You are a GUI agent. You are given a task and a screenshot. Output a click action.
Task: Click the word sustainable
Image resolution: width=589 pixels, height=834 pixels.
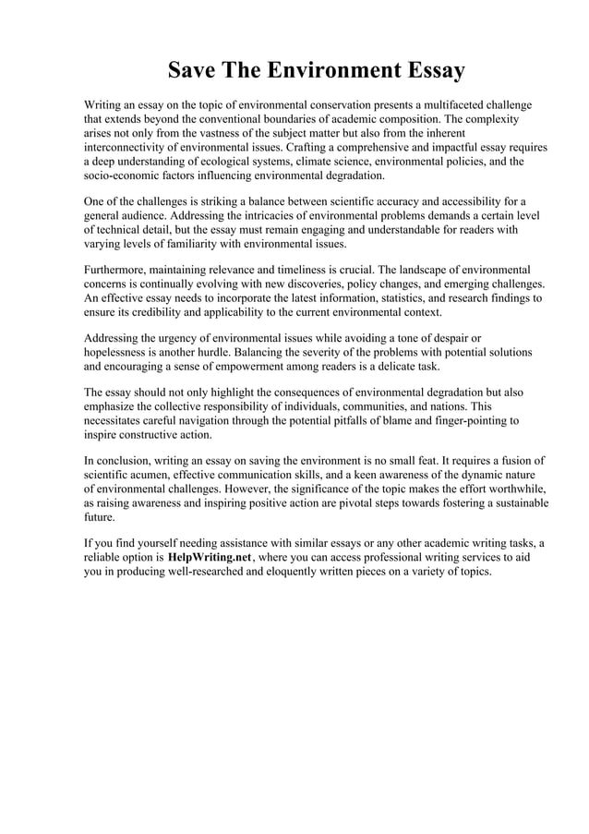518,503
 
